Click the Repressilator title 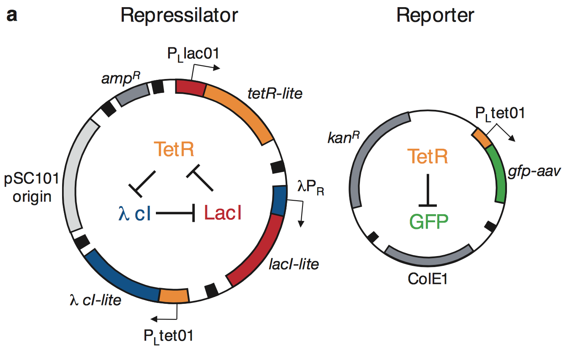click(179, 16)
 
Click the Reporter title click(435, 16)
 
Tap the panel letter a click(12, 15)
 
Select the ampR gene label click(121, 78)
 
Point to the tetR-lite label click(275, 93)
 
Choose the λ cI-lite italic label click(95, 300)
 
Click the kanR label click(343, 137)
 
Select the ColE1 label click(428, 279)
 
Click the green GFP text click(429, 222)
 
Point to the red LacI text click(223, 213)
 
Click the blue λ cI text click(135, 213)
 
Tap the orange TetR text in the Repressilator click(174, 149)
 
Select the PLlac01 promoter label click(193, 54)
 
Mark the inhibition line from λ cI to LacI click(175, 213)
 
